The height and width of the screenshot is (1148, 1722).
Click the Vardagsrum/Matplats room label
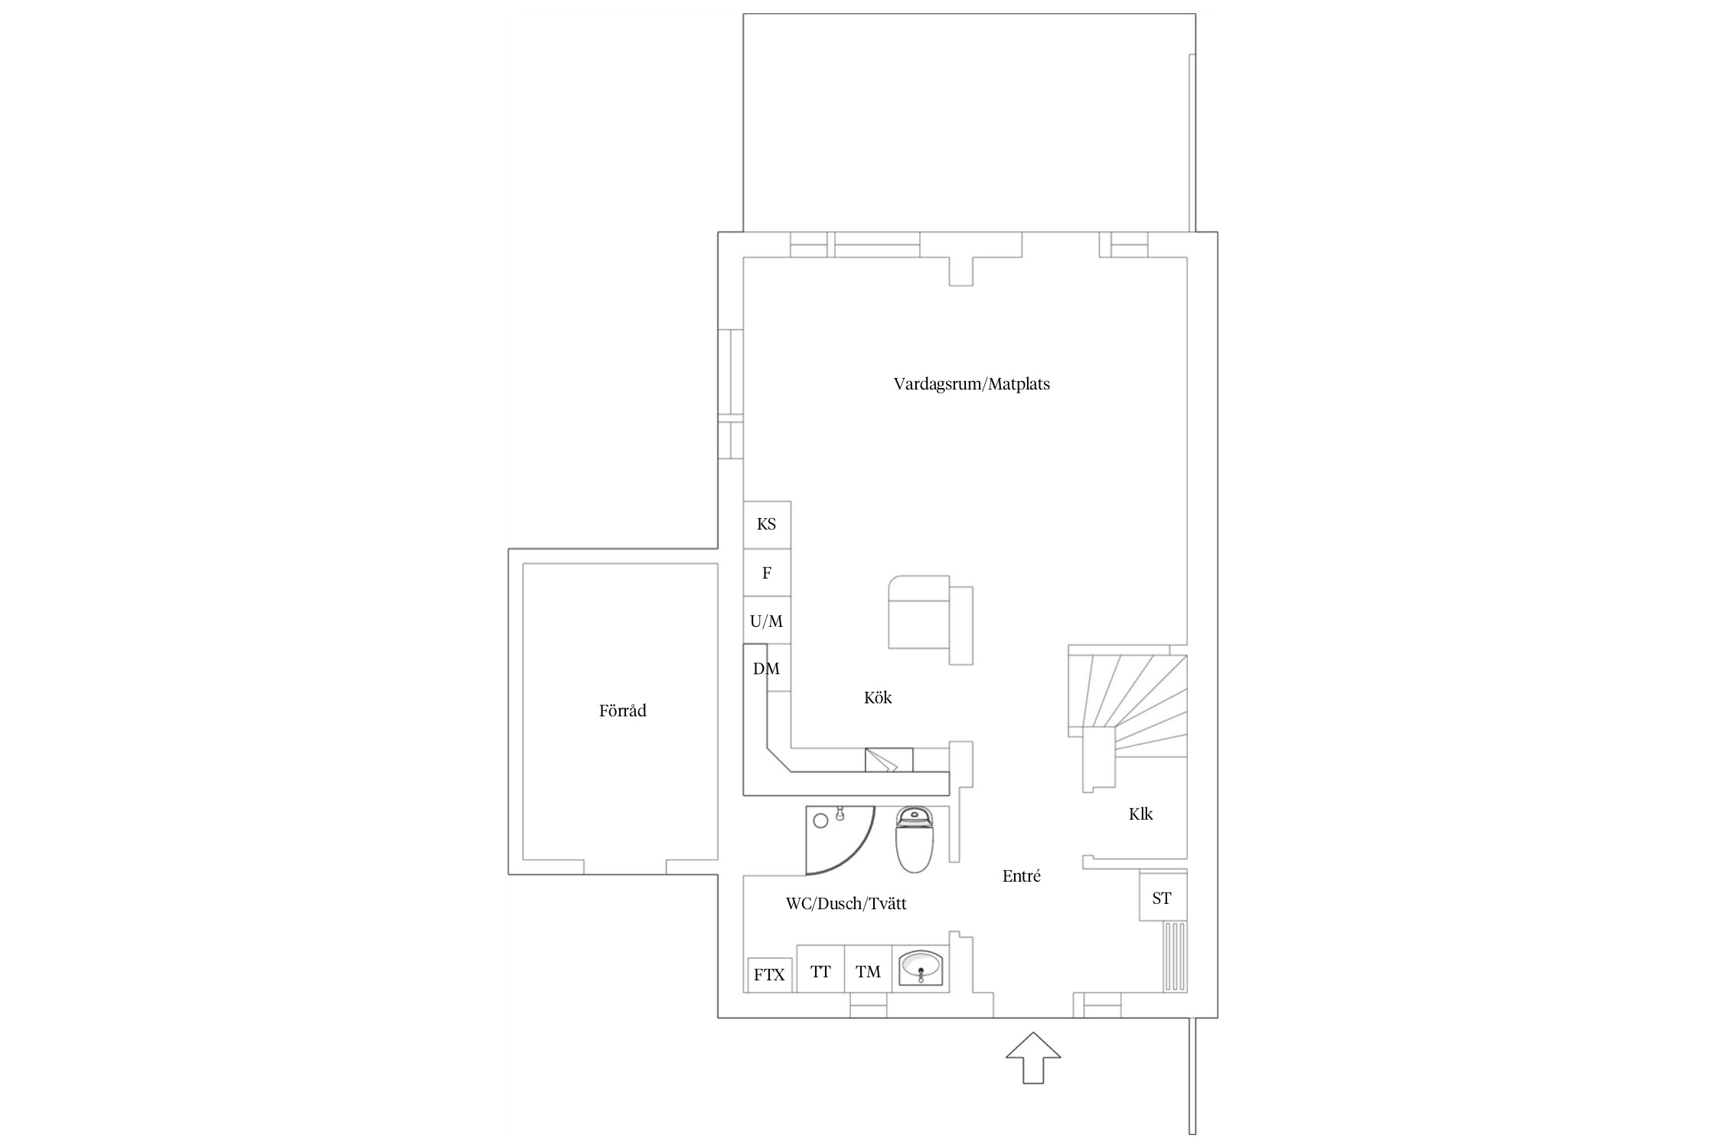pos(971,384)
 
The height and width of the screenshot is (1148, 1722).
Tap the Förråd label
pos(622,711)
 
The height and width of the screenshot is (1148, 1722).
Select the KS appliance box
pos(767,525)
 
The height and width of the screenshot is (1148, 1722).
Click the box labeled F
pos(767,572)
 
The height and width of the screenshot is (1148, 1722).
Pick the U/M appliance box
pos(767,621)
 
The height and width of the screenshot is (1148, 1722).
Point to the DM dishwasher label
pos(766,669)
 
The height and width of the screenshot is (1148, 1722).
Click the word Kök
pos(878,698)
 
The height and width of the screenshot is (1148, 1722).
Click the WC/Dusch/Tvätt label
pos(846,904)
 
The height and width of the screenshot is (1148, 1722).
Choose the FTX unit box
pos(769,975)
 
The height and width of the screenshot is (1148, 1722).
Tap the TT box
pos(820,968)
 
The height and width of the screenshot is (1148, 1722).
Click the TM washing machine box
pos(869,968)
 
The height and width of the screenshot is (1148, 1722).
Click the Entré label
pos(1022,876)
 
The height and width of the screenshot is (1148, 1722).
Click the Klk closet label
pos(1140,814)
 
